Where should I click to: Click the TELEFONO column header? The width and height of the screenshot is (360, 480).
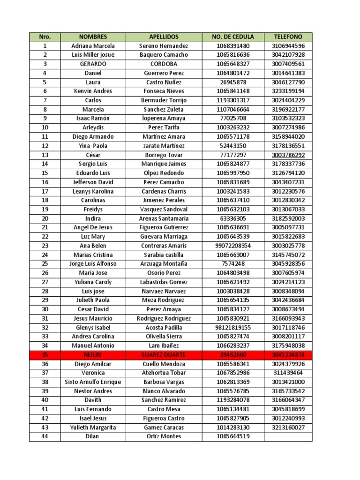(x=288, y=37)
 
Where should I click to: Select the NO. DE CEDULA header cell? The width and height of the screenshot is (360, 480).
(x=233, y=37)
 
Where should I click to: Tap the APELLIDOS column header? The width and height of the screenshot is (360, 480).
(x=164, y=37)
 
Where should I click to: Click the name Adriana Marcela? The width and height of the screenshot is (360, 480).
(x=93, y=46)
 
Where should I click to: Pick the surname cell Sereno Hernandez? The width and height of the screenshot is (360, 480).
(x=164, y=46)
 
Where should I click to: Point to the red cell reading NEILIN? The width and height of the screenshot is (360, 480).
(x=93, y=355)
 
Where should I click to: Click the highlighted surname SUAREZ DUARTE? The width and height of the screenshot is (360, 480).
(x=164, y=355)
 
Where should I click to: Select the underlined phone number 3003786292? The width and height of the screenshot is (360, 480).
(x=288, y=155)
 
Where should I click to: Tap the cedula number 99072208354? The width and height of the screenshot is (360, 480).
(x=233, y=246)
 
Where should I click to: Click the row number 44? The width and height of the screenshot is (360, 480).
(x=45, y=436)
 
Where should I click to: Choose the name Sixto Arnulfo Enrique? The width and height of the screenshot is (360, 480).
(x=93, y=382)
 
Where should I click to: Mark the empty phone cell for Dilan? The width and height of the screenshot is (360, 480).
(x=288, y=436)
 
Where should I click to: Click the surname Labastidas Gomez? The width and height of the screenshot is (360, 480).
(x=164, y=282)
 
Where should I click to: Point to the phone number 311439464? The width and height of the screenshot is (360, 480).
(x=288, y=373)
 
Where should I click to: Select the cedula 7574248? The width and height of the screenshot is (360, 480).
(x=233, y=264)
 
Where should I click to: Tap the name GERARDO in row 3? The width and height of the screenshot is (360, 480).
(x=93, y=64)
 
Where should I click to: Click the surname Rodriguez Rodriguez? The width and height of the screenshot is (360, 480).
(x=164, y=319)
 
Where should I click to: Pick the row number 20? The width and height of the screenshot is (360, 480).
(x=45, y=218)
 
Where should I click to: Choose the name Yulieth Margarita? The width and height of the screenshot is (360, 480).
(x=93, y=427)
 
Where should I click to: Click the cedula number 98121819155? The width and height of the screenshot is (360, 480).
(x=233, y=328)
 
